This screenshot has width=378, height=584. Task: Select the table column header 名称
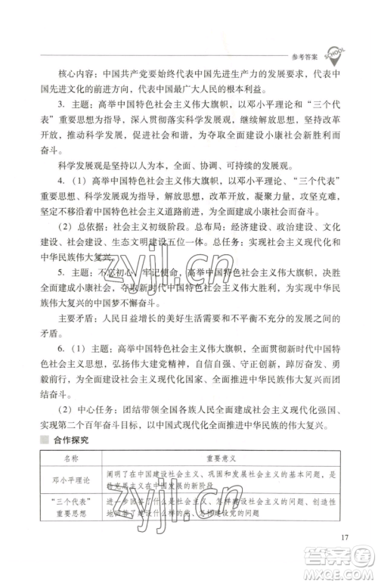pyautogui.click(x=71, y=458)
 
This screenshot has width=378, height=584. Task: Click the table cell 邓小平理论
pyautogui.click(x=71, y=478)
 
